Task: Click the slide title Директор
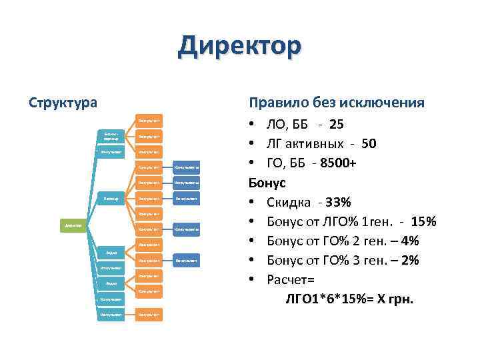click(239, 47)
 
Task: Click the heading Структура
click(63, 103)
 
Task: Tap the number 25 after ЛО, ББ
click(337, 125)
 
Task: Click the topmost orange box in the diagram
click(149, 121)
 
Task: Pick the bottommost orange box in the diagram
click(149, 313)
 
